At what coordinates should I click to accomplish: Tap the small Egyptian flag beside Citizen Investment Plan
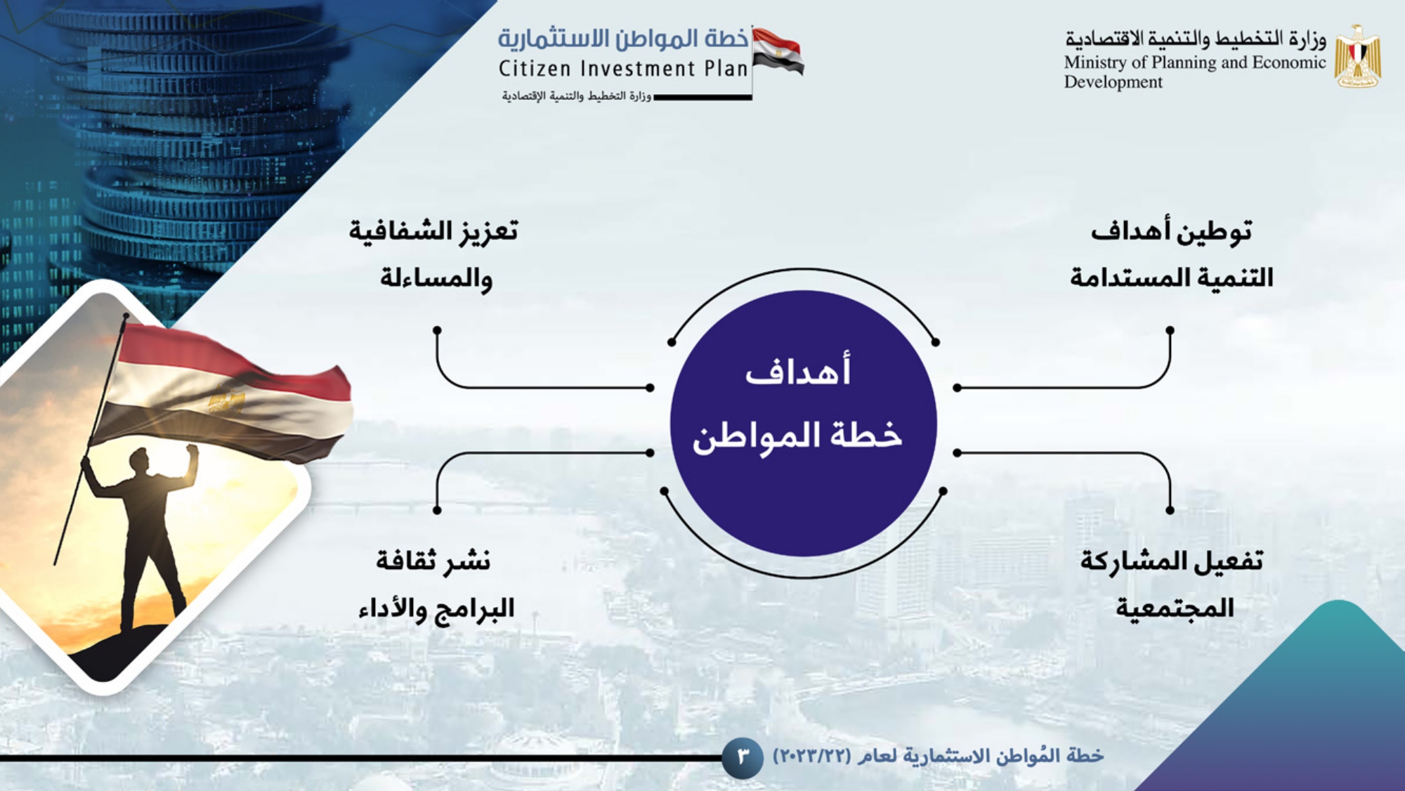[778, 51]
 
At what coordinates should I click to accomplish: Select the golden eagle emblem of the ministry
[1358, 56]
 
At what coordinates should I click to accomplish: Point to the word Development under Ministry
[1113, 82]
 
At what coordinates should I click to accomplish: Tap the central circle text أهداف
[798, 370]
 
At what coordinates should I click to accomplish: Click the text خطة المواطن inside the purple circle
[797, 436]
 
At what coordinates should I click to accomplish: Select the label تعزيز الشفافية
[433, 231]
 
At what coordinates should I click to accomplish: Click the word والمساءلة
[436, 278]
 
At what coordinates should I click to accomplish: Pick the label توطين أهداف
[1171, 231]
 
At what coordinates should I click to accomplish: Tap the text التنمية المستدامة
[1171, 277]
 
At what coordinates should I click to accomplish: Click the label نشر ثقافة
[433, 560]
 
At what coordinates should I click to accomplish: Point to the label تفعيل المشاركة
[1171, 560]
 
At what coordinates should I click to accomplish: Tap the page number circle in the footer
[743, 757]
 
